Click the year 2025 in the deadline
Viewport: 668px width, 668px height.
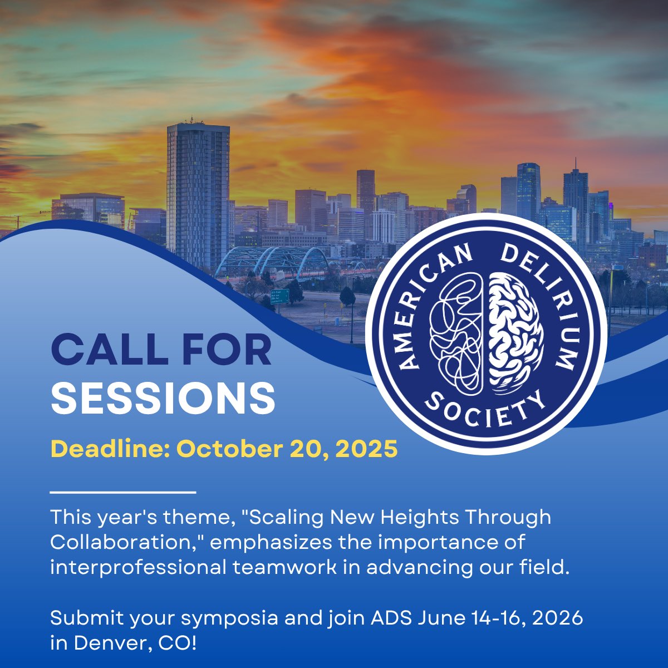[368, 449]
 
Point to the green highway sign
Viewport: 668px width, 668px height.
[279, 295]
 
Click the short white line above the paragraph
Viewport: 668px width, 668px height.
[123, 492]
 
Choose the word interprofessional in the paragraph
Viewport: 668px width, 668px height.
[137, 568]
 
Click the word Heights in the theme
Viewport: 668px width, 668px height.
[423, 518]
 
